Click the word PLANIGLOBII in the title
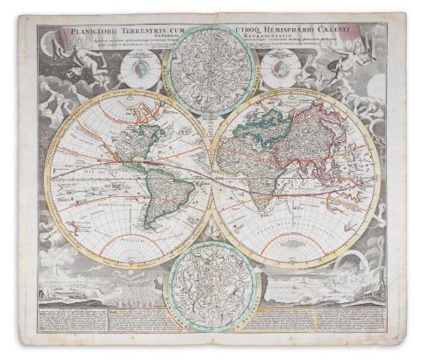[80, 34]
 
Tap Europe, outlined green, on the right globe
[251, 123]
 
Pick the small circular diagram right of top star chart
[280, 67]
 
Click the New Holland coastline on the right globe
[338, 206]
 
